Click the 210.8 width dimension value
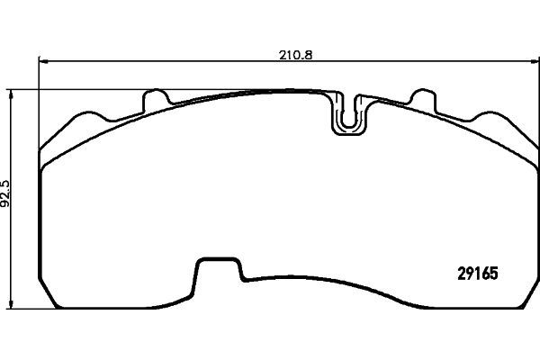295,55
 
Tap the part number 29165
478,274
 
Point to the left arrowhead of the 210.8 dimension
43,61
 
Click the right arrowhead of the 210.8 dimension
535,61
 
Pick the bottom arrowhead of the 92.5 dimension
12,304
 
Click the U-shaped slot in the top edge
348,113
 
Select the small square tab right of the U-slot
423,100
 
